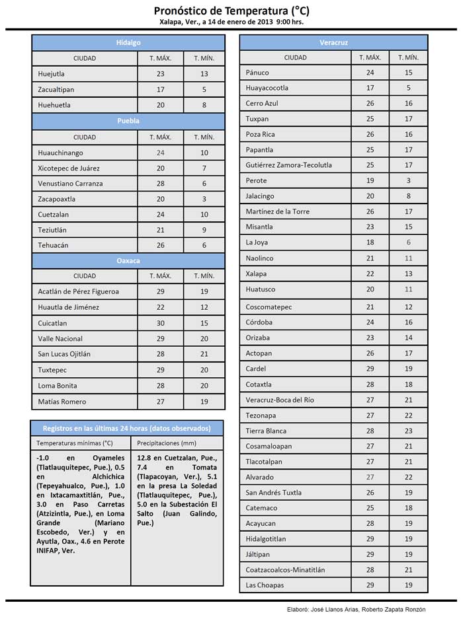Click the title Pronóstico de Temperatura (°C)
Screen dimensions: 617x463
(231, 11)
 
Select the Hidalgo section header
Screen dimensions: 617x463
(128, 42)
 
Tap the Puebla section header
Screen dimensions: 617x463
(128, 121)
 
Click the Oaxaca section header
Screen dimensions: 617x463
(128, 260)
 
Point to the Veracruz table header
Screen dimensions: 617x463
(333, 42)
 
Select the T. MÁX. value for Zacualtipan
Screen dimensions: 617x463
(160, 89)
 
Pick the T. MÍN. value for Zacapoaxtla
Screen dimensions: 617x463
(204, 199)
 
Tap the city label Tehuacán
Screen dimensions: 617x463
(54, 245)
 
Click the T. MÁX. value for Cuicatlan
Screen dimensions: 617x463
(160, 323)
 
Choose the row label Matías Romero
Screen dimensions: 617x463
(62, 402)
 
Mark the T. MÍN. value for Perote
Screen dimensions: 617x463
(408, 180)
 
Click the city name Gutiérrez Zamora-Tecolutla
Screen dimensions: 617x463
(288, 165)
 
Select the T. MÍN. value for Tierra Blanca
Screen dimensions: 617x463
(408, 431)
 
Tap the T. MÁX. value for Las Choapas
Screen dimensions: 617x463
(370, 585)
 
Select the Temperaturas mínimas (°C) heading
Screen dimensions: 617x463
(75, 443)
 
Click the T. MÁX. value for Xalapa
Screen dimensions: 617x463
(370, 273)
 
